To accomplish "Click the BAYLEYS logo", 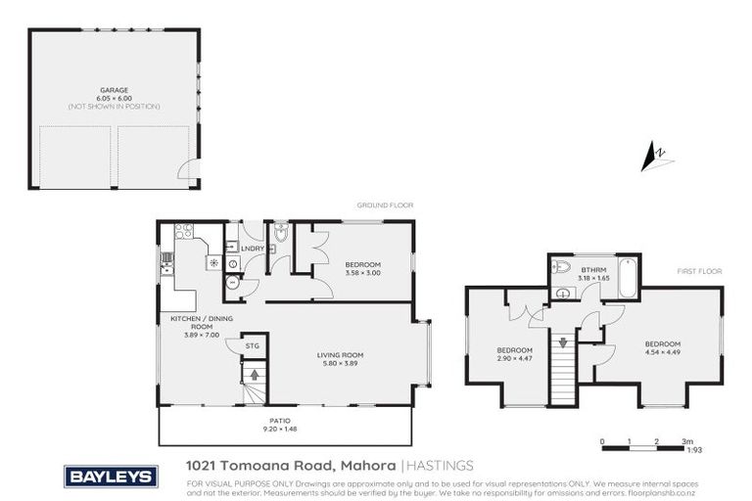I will click(111, 477).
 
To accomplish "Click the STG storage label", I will click(252, 345).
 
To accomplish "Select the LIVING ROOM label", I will click(340, 354).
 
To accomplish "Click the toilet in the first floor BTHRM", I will click(561, 267).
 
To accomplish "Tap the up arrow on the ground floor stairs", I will click(254, 373).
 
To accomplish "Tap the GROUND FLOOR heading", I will click(385, 205).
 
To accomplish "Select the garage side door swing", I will click(185, 172).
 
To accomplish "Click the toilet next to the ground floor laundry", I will click(280, 234).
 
